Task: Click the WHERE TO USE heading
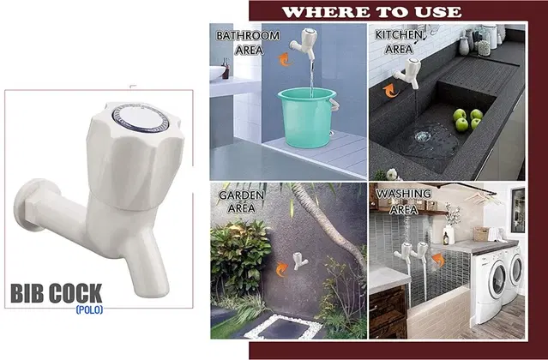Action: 371,12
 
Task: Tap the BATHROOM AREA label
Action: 248,43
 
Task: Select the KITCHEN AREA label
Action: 399,42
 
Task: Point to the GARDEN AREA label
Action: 241,201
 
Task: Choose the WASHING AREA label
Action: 404,201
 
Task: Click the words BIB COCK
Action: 57,293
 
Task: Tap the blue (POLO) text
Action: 89,309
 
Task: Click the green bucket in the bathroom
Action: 308,117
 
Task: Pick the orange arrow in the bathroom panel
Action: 286,59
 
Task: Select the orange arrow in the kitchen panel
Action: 390,91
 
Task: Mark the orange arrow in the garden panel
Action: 281,269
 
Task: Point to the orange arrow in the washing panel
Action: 438,260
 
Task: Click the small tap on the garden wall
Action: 300,261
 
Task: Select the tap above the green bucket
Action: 304,44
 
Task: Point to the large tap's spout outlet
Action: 152,287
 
